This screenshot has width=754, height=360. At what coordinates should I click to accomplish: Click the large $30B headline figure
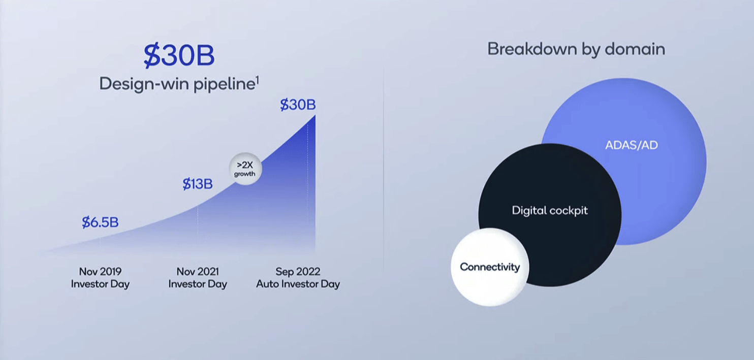[x=179, y=55]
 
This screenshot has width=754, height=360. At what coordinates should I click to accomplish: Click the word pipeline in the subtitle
[x=224, y=84]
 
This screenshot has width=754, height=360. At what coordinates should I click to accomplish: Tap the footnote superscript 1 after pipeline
[x=258, y=80]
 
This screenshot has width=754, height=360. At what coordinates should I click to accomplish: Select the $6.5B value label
[x=100, y=222]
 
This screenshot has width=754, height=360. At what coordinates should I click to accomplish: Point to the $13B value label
[x=198, y=184]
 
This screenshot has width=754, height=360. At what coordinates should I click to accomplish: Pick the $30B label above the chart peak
[x=298, y=105]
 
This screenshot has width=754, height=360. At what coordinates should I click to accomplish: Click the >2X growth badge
[x=245, y=169]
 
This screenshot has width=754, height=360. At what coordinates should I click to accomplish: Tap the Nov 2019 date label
[x=100, y=271]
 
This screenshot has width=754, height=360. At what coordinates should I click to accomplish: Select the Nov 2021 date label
[x=198, y=271]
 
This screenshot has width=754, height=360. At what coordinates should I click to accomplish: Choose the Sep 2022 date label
[x=298, y=271]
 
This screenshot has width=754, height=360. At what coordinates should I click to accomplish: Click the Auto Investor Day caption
[x=298, y=284]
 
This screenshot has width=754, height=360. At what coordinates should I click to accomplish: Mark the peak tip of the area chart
[x=315, y=115]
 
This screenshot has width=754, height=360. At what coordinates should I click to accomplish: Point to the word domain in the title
[x=635, y=49]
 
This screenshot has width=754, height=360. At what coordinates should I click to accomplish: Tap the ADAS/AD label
[x=632, y=145]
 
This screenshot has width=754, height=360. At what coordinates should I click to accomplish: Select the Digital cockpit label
[x=550, y=211]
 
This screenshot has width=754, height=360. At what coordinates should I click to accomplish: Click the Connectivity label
[x=490, y=267]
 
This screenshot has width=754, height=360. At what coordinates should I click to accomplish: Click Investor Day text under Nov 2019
[x=100, y=284]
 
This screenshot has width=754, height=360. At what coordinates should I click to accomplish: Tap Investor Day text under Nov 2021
[x=198, y=284]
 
